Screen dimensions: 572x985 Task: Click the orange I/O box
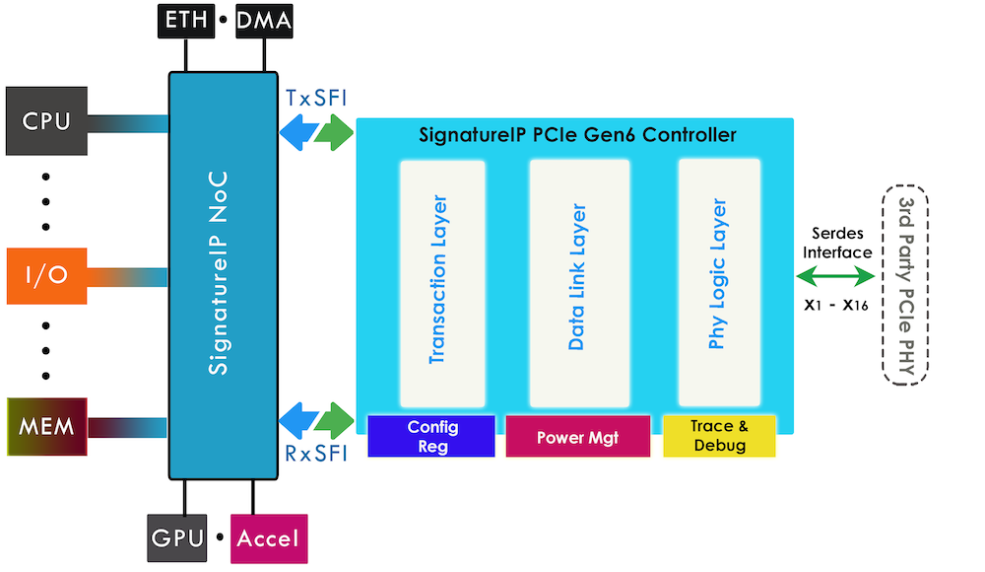point(46,274)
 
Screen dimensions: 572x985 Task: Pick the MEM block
point(46,427)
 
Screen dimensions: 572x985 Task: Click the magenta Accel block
point(269,538)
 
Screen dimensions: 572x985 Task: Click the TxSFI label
point(315,100)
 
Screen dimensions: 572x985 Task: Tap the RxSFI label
point(315,455)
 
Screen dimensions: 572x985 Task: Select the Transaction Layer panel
point(442,282)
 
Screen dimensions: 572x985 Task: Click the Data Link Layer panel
point(579,282)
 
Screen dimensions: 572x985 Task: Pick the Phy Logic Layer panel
point(719,282)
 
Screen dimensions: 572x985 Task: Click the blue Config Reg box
point(431,436)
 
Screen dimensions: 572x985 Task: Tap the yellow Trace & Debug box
point(719,436)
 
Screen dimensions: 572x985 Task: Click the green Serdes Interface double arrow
point(835,278)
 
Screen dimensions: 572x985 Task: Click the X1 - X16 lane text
point(835,305)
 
